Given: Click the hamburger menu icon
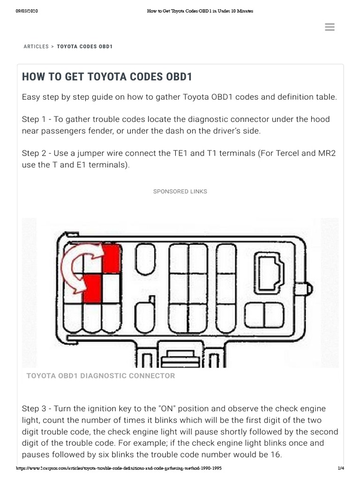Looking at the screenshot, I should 330,27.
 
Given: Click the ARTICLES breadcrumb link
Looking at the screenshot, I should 36,47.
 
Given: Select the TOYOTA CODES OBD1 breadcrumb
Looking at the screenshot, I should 85,47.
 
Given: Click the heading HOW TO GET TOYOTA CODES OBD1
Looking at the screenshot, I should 107,77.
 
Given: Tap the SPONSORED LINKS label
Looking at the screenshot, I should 180,192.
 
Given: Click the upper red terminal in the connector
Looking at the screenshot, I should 111,258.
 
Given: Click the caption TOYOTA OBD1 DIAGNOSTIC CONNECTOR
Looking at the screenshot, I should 101,376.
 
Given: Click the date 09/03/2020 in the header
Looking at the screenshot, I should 27,11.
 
